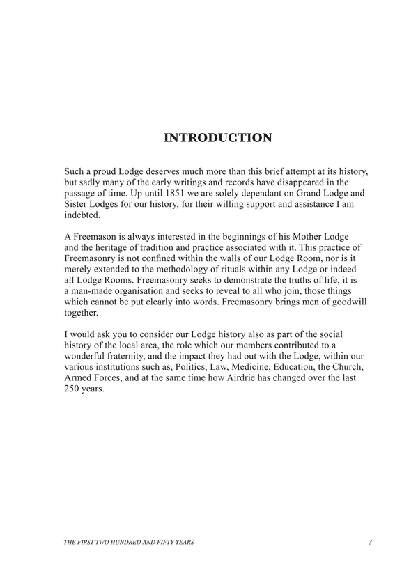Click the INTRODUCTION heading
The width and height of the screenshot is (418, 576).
pos(217,138)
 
